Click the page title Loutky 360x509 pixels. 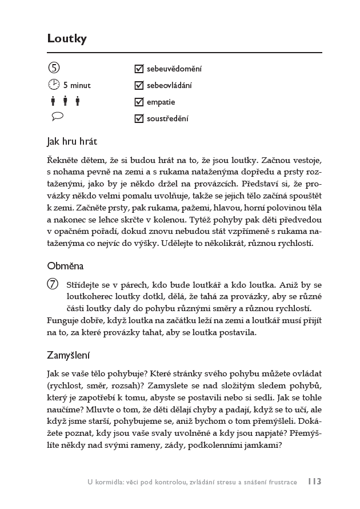[67, 39]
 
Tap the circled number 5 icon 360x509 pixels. [53, 69]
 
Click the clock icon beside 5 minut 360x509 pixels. [53, 85]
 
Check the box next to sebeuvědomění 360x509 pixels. [138, 69]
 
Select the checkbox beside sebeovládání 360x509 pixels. [138, 86]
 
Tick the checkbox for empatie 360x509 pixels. [138, 102]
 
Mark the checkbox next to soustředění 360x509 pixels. [138, 119]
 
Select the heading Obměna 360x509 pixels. [66, 266]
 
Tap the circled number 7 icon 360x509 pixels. [53, 284]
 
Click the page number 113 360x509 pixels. [314, 482]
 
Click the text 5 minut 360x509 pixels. [77, 86]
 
